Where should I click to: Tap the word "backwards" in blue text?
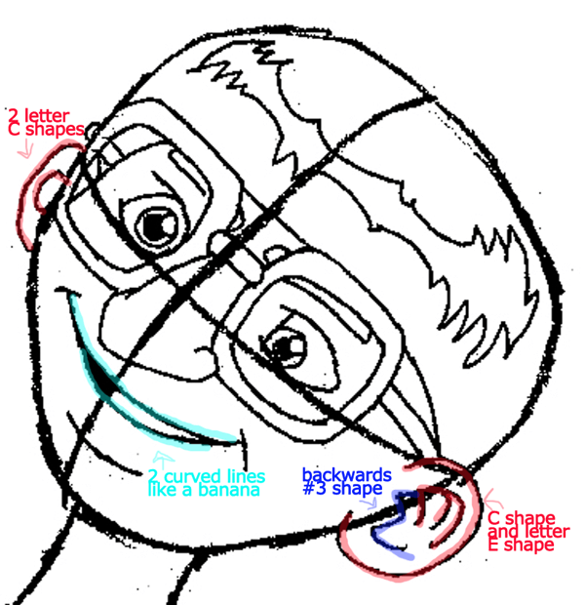[x=347, y=474]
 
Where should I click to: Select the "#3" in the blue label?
[x=315, y=488]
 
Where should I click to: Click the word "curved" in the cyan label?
[x=192, y=476]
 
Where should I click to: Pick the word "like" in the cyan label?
[x=161, y=490]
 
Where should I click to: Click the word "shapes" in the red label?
[x=55, y=129]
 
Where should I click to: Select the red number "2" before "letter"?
[x=13, y=115]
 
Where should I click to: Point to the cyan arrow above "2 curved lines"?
[x=163, y=460]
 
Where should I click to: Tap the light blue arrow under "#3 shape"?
[x=369, y=503]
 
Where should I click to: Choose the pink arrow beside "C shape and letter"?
[x=492, y=500]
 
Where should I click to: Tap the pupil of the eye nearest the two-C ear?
[x=155, y=226]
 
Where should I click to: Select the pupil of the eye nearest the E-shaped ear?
[x=285, y=347]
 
